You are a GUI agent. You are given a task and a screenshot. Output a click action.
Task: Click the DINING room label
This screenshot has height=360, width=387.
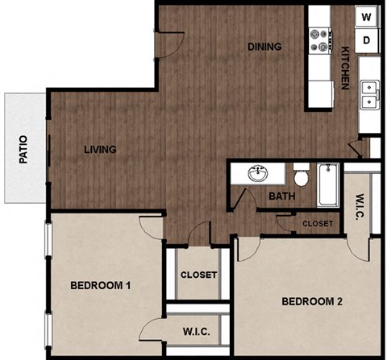click(264, 46)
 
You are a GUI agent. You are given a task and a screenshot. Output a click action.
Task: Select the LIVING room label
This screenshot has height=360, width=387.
click(100, 149)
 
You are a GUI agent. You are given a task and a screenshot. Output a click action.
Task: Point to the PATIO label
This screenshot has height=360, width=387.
click(23, 148)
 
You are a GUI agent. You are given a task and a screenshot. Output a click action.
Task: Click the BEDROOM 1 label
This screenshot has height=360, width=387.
click(101, 285)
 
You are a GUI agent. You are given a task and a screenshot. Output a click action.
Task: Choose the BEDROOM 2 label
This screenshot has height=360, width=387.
click(312, 302)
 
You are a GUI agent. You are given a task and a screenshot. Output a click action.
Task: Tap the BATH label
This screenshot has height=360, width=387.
click(281, 196)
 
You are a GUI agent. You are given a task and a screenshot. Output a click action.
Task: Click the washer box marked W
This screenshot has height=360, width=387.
click(367, 16)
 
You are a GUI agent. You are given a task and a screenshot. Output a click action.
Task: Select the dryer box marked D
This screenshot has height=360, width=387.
click(367, 39)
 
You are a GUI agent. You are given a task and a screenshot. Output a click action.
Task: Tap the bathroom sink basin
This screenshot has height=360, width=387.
click(259, 174)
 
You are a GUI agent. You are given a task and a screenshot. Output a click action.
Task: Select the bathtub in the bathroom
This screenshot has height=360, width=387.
click(329, 184)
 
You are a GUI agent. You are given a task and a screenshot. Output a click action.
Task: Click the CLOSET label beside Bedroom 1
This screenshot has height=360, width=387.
click(198, 275)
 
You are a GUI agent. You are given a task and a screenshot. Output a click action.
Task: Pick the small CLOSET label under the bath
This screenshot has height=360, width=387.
click(317, 223)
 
